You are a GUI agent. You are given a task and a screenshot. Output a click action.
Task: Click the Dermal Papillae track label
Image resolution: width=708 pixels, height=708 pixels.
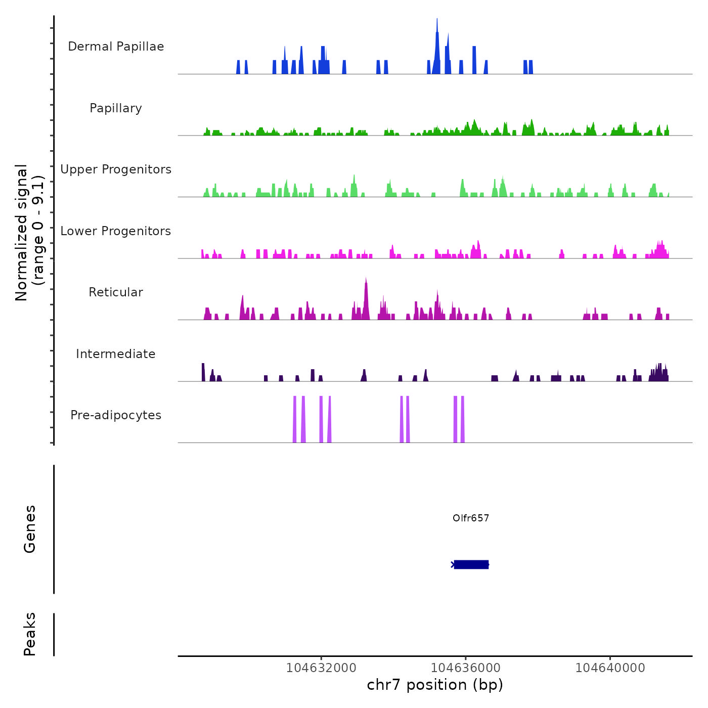click(x=116, y=47)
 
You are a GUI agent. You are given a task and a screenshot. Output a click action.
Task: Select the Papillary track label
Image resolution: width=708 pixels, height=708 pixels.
click(x=116, y=108)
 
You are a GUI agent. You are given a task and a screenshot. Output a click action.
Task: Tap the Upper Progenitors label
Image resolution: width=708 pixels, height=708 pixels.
click(x=116, y=169)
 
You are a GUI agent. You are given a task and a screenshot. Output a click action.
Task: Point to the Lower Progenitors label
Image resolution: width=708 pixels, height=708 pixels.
click(x=116, y=231)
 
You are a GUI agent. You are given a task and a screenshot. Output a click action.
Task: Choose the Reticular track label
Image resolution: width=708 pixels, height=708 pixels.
click(x=116, y=292)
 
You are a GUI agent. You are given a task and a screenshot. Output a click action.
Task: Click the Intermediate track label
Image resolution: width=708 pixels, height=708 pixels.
click(x=116, y=354)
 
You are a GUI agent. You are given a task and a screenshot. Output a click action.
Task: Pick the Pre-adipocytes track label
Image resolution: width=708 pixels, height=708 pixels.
click(x=116, y=415)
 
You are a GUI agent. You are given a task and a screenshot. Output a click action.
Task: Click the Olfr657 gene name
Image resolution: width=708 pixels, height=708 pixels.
click(x=471, y=518)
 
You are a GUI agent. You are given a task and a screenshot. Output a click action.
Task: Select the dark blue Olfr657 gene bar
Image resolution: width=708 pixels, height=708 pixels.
click(x=471, y=564)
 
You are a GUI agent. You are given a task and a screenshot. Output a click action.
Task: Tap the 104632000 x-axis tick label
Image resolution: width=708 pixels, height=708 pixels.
click(x=321, y=668)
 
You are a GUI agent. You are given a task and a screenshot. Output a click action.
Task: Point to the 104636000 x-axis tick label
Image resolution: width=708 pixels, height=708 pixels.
click(x=466, y=668)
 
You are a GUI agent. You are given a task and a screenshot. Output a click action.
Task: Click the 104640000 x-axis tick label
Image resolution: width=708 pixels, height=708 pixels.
click(x=610, y=668)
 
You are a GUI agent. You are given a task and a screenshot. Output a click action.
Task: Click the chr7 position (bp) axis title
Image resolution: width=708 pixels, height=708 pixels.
click(x=435, y=685)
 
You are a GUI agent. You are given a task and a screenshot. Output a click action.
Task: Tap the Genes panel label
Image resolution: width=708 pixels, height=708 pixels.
click(x=30, y=529)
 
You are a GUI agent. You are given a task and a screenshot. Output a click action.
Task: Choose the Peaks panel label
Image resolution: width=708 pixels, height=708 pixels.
click(x=30, y=634)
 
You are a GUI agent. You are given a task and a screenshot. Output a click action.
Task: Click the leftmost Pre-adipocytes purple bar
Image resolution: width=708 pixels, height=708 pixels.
click(x=294, y=420)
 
